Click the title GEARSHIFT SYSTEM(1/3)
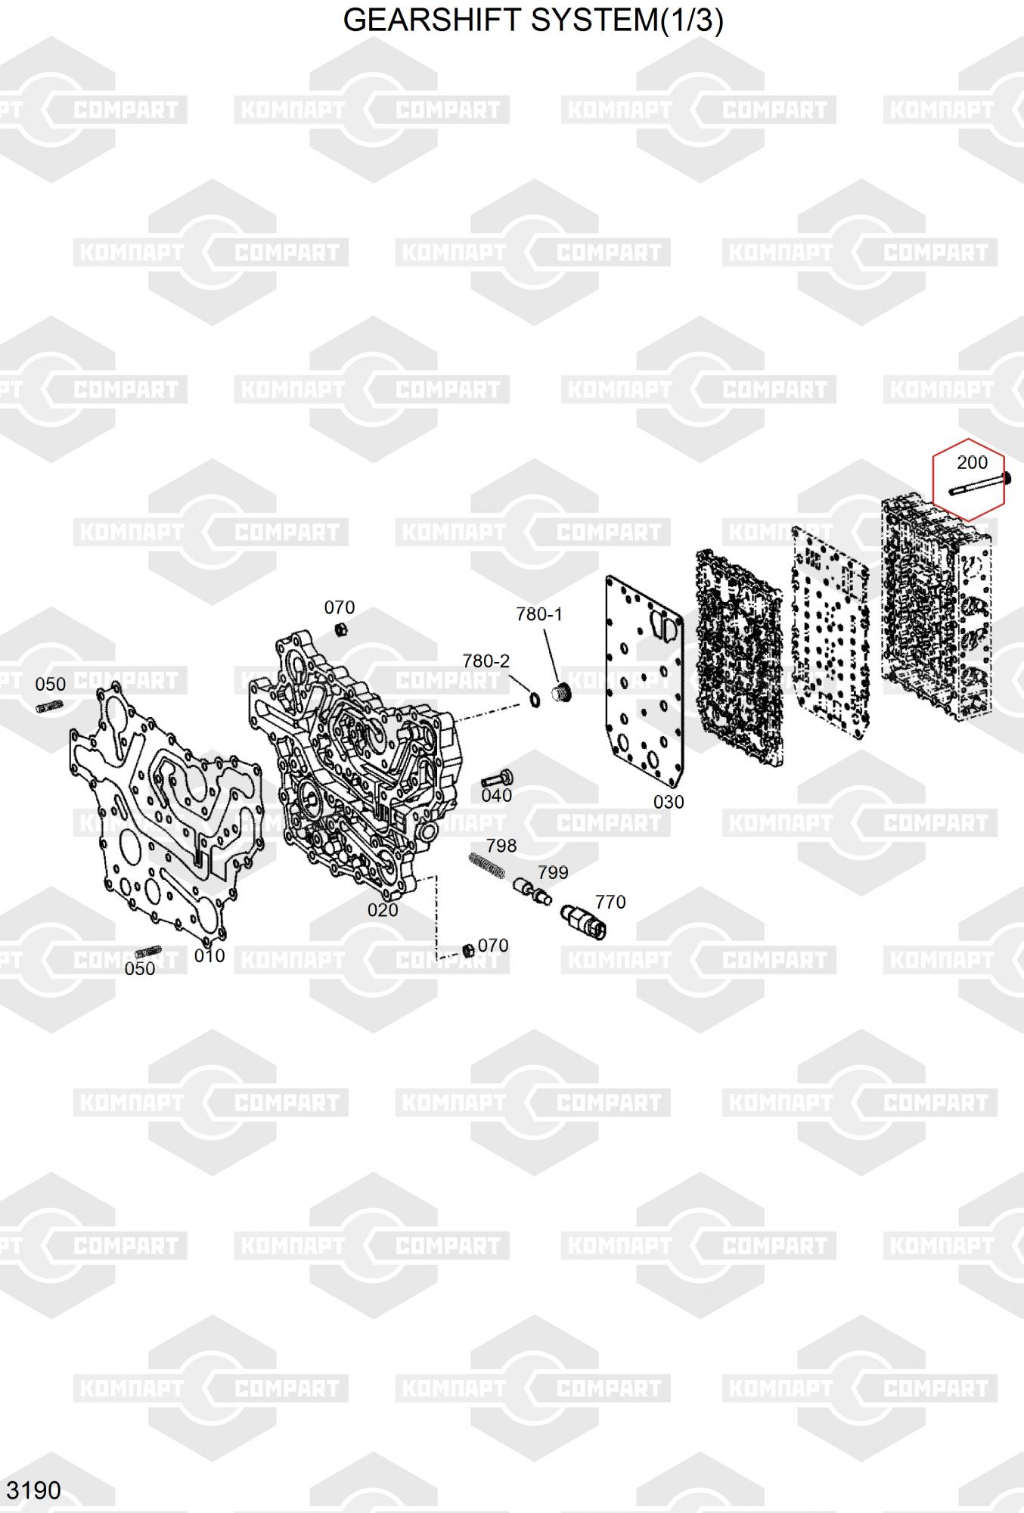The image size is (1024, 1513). click(533, 20)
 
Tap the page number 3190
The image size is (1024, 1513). click(33, 1490)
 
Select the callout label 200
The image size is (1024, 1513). click(972, 462)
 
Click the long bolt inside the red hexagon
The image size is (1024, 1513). click(979, 485)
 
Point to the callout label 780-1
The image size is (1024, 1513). click(539, 614)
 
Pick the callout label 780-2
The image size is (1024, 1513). click(486, 661)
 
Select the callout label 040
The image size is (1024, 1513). click(497, 795)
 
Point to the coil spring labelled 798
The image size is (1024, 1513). click(486, 865)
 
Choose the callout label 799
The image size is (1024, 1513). click(553, 872)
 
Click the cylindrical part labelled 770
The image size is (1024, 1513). click(583, 921)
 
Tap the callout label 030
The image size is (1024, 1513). click(669, 802)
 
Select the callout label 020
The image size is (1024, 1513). click(383, 910)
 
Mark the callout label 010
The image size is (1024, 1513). click(209, 955)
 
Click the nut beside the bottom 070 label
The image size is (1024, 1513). click(468, 950)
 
